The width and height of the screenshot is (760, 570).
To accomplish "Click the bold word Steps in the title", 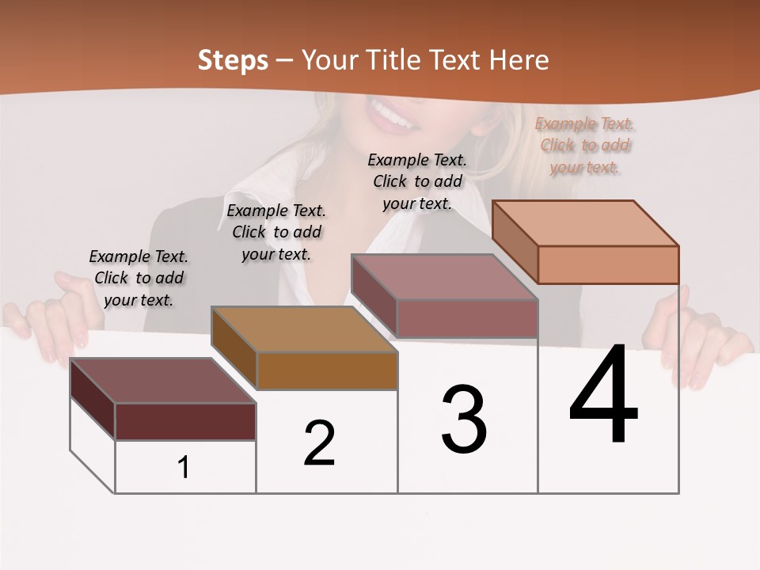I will coord(233,60).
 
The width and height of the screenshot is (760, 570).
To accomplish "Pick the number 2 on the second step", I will coord(320,443).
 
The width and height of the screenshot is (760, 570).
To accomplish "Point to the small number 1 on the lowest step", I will coord(184,468).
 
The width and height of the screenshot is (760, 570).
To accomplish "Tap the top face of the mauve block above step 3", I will coord(444,277).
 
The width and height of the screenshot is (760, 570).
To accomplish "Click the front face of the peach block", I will coord(608,264).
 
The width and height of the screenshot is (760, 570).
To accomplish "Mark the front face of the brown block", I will coord(327,370).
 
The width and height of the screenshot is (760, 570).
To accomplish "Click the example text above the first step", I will coord(139,278).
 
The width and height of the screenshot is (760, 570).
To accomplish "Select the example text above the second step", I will coord(276,232).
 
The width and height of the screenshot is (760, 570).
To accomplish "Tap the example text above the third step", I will coord(417,181).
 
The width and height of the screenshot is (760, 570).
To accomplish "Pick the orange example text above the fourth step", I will coord(585,146).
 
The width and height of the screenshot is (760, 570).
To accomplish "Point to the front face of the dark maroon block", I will coord(185,421).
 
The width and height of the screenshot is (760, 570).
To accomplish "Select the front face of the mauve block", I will coord(467,318).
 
